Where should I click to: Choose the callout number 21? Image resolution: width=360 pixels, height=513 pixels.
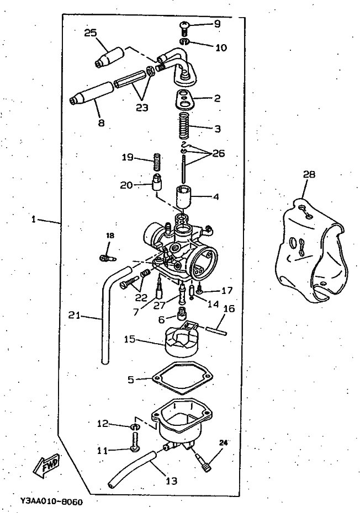tap(74, 316)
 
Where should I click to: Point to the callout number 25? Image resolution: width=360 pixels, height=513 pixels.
tap(91, 33)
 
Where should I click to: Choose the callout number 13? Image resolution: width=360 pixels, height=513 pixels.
tap(171, 481)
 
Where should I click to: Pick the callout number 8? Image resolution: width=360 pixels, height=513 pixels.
tap(101, 123)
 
